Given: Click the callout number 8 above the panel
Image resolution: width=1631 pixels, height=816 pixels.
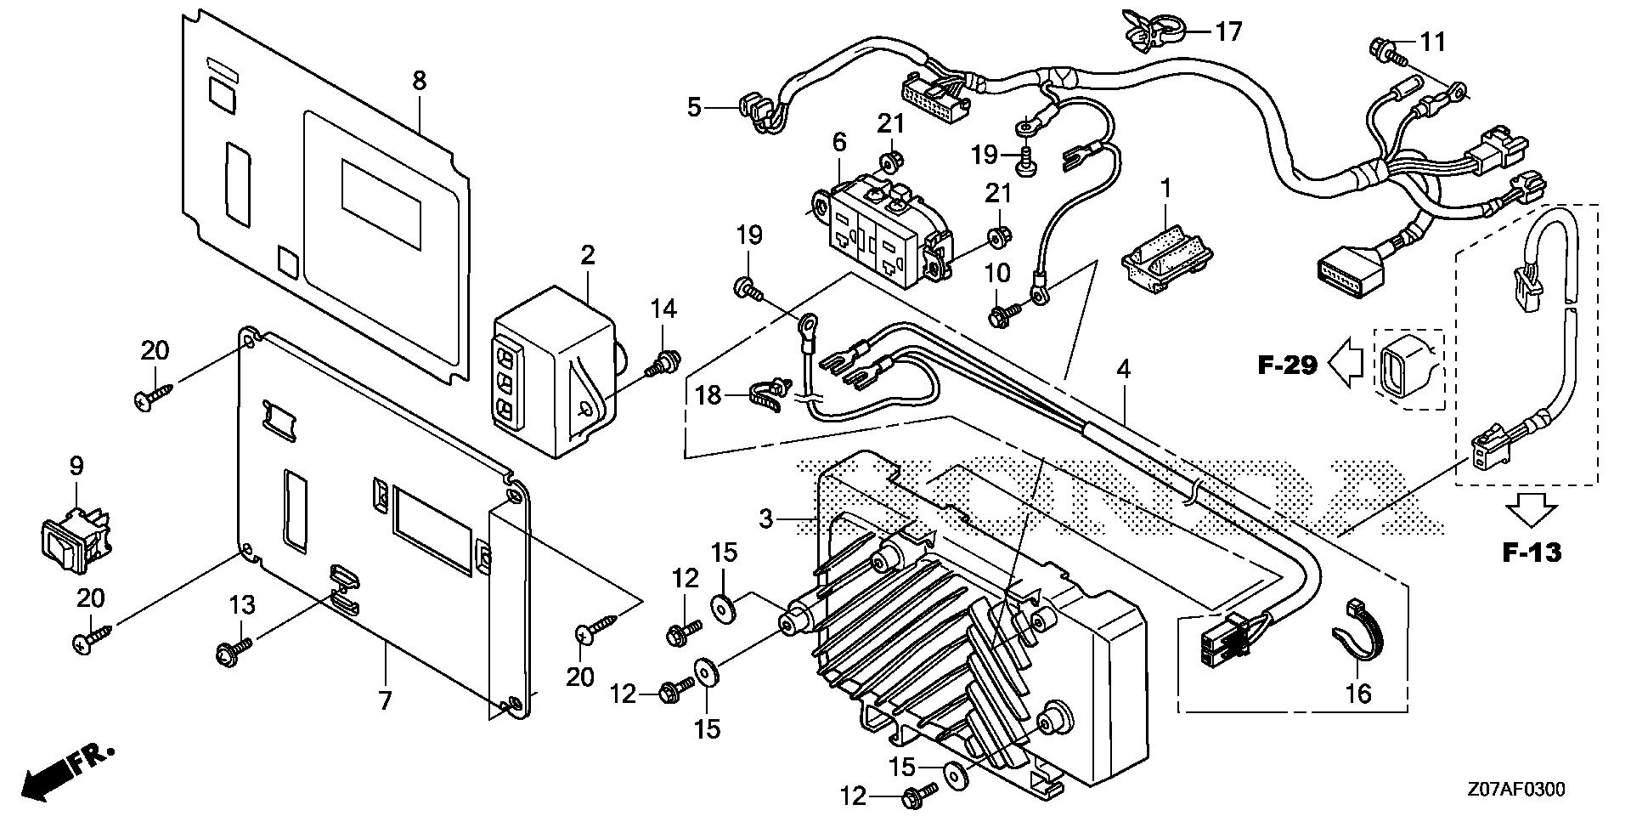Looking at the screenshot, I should tap(419, 81).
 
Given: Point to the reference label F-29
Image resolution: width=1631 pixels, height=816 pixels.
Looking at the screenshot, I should tap(1287, 365).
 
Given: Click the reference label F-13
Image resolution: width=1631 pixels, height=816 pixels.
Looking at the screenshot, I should tap(1532, 553).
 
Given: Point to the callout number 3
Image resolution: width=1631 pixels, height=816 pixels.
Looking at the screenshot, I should tap(765, 518).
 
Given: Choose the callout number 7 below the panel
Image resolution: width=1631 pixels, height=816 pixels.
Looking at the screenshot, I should tap(385, 701).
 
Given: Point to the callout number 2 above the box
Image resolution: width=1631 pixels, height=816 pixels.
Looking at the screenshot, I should tap(587, 255).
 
